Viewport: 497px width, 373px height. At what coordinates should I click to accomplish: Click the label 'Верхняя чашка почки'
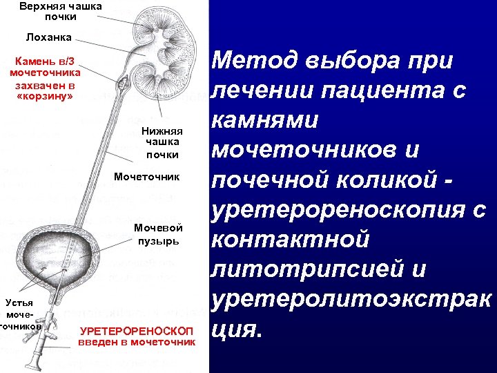61,11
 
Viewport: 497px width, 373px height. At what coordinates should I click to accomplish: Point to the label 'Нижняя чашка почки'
162,142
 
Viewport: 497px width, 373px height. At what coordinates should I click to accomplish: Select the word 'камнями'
264,122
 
